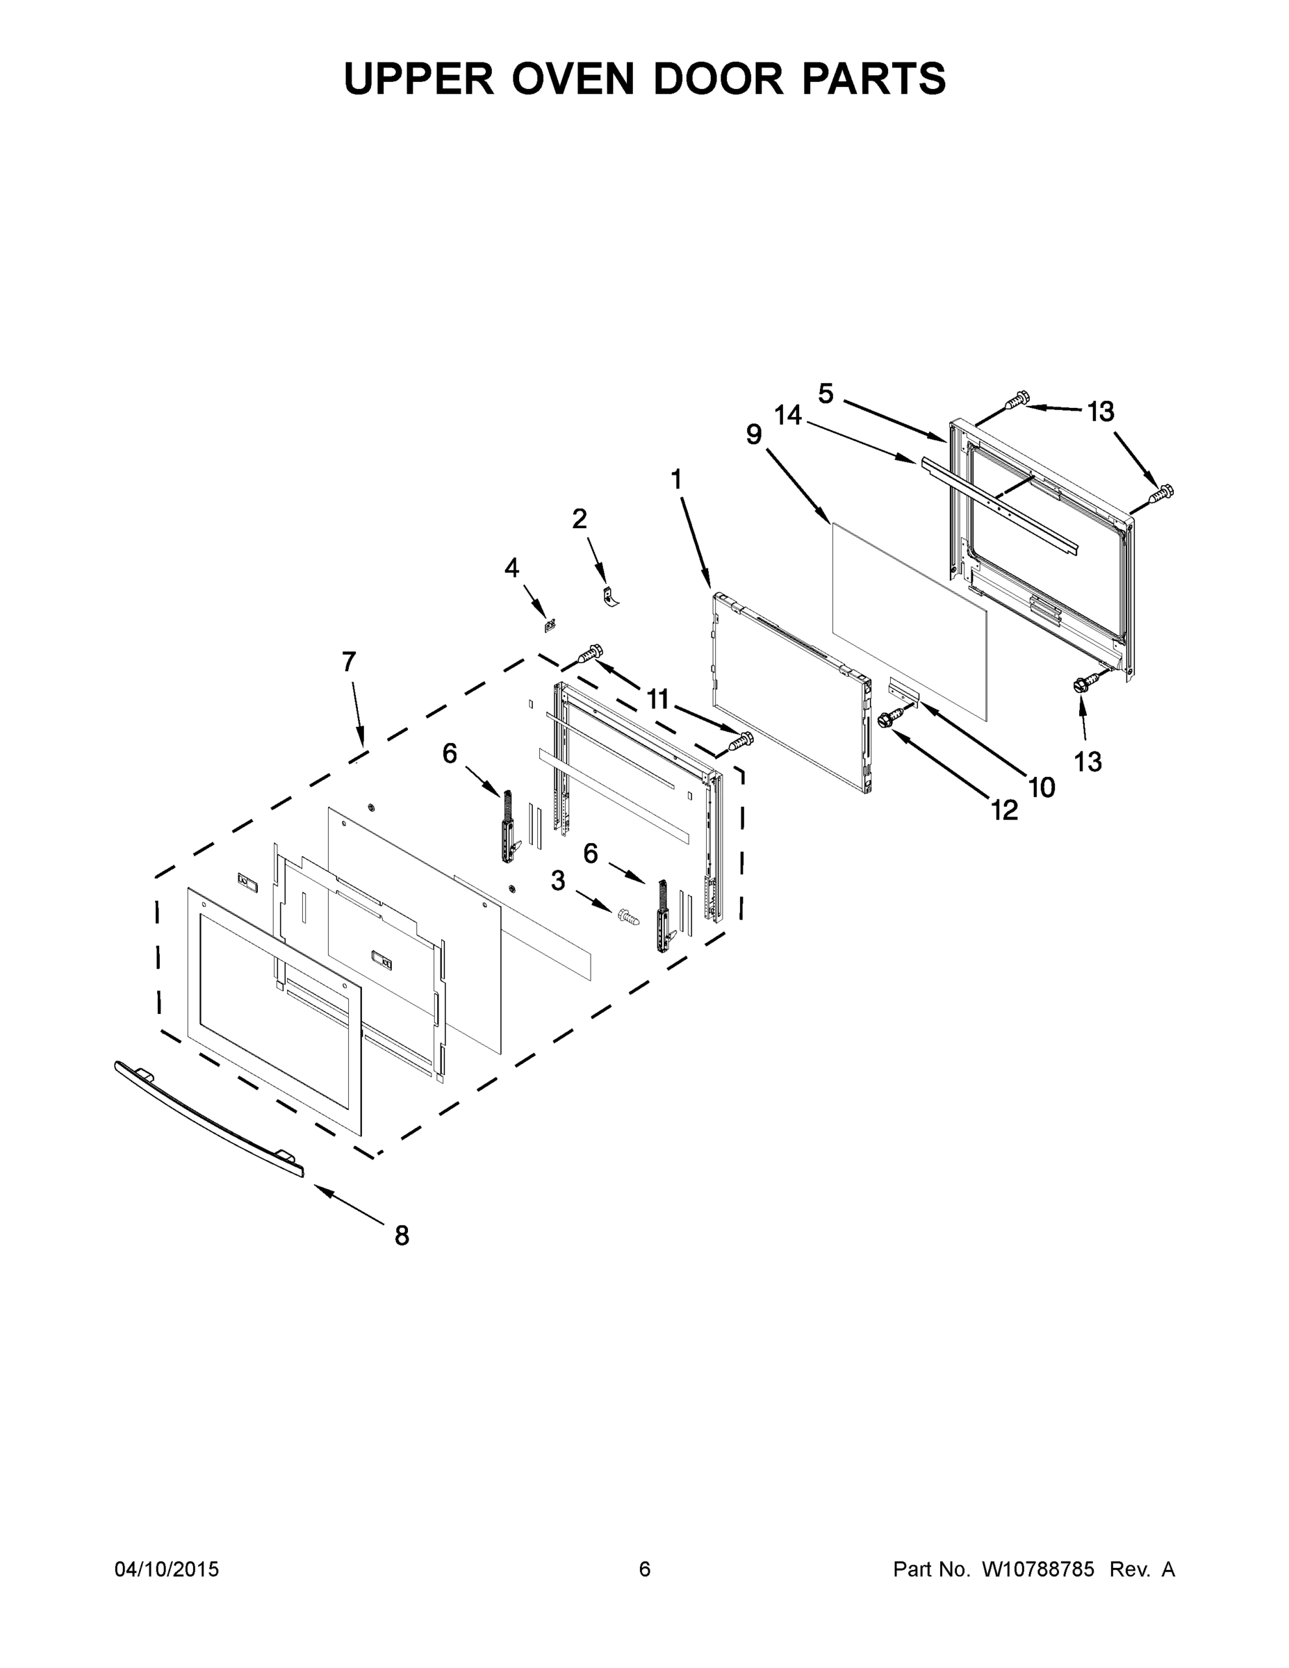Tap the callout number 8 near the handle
402,1235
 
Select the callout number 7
349,662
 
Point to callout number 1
676,480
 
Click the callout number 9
754,434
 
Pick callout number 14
788,416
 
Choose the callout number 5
826,393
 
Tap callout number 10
1042,787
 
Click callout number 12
1004,810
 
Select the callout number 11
657,698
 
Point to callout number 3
558,881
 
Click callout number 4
511,567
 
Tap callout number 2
580,519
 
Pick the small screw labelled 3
627,917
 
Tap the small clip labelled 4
548,625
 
